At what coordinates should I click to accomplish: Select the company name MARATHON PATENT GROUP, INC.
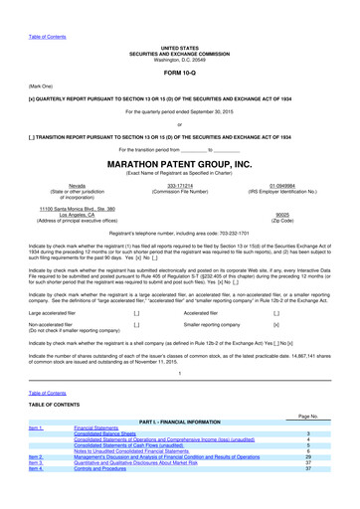click(x=179, y=163)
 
